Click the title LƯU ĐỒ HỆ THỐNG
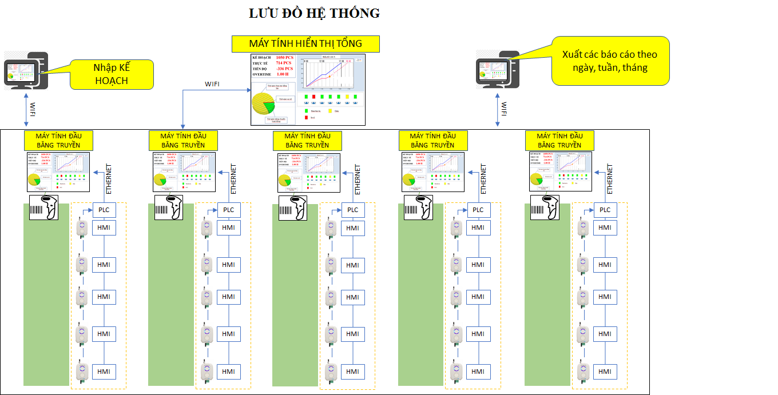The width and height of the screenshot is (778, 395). tap(314, 13)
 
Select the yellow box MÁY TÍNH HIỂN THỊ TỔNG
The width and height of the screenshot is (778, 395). tap(305, 43)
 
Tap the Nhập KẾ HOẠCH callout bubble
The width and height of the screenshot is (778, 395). tap(112, 74)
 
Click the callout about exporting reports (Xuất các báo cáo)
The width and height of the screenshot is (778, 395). tap(610, 61)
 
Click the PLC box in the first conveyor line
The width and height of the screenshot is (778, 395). tap(104, 210)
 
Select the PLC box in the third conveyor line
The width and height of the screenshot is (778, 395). tap(353, 210)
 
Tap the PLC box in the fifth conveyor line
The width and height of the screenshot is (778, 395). tap(605, 210)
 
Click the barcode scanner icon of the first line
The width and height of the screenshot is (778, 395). tap(44, 208)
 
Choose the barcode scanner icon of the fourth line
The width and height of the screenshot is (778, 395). tap(419, 208)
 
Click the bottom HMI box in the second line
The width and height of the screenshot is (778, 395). tap(228, 372)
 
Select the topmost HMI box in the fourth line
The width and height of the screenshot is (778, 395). tap(478, 228)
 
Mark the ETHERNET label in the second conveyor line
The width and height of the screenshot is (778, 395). tap(233, 179)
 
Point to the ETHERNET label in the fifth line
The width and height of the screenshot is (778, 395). tap(610, 179)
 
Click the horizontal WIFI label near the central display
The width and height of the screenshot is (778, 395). tap(212, 84)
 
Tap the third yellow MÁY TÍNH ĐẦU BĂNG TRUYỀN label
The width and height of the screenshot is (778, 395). tap(307, 141)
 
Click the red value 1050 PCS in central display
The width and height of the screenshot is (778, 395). tap(284, 58)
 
